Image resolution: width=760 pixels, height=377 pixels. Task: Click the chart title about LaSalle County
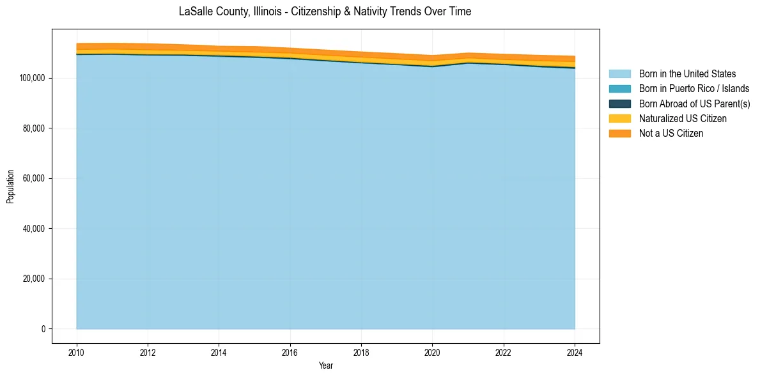325,12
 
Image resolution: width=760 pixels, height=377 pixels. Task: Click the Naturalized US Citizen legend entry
683,118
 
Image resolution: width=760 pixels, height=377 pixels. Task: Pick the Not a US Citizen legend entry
671,133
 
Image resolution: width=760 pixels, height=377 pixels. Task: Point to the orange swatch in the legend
619,133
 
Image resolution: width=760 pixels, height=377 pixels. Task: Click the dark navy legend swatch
619,104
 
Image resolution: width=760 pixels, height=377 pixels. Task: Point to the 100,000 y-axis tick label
31,78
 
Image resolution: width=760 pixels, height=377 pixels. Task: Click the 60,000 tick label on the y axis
33,178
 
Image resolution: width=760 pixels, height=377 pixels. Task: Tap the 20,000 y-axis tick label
33,279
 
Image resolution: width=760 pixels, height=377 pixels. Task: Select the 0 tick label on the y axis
43,329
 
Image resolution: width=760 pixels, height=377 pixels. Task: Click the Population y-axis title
10,187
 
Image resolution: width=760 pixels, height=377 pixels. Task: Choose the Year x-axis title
325,366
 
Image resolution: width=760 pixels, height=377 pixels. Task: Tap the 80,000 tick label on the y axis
33,128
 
